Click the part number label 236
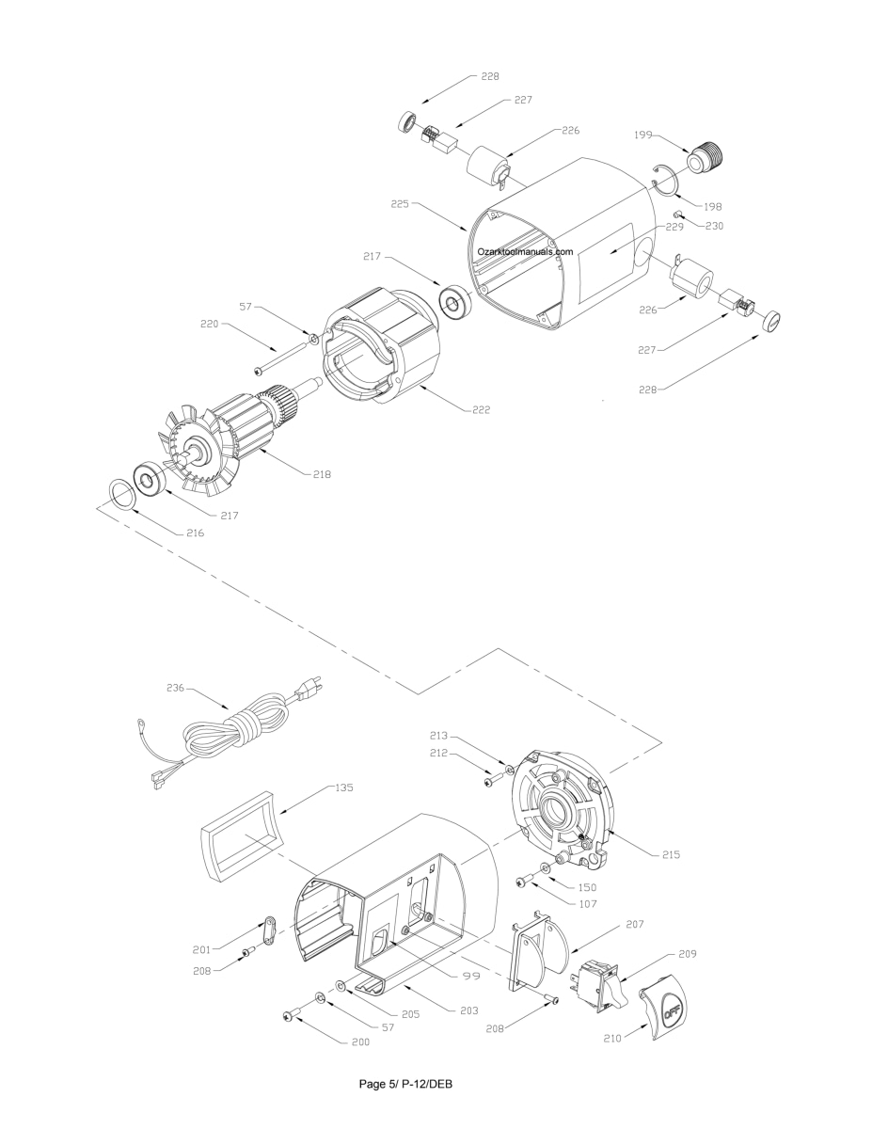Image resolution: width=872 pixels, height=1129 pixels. click(175, 688)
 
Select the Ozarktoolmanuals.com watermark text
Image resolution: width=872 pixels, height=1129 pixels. click(525, 251)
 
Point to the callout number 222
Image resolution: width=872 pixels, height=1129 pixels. click(481, 410)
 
